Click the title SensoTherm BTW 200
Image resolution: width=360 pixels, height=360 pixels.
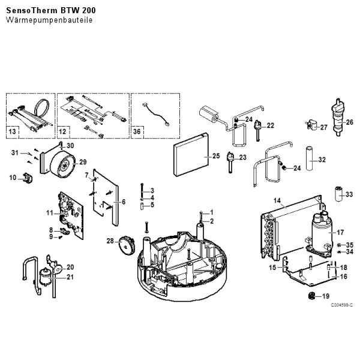tap(51, 10)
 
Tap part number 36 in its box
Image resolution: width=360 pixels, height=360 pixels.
tap(137, 130)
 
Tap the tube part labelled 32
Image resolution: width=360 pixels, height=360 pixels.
tap(311, 159)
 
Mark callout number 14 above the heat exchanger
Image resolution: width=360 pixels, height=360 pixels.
tap(277, 199)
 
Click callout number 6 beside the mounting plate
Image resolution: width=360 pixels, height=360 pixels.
tap(124, 202)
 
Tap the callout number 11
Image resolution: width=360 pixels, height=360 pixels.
tap(50, 213)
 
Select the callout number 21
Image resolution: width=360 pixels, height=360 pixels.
tap(70, 277)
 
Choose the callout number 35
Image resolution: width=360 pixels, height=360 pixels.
tap(350, 244)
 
